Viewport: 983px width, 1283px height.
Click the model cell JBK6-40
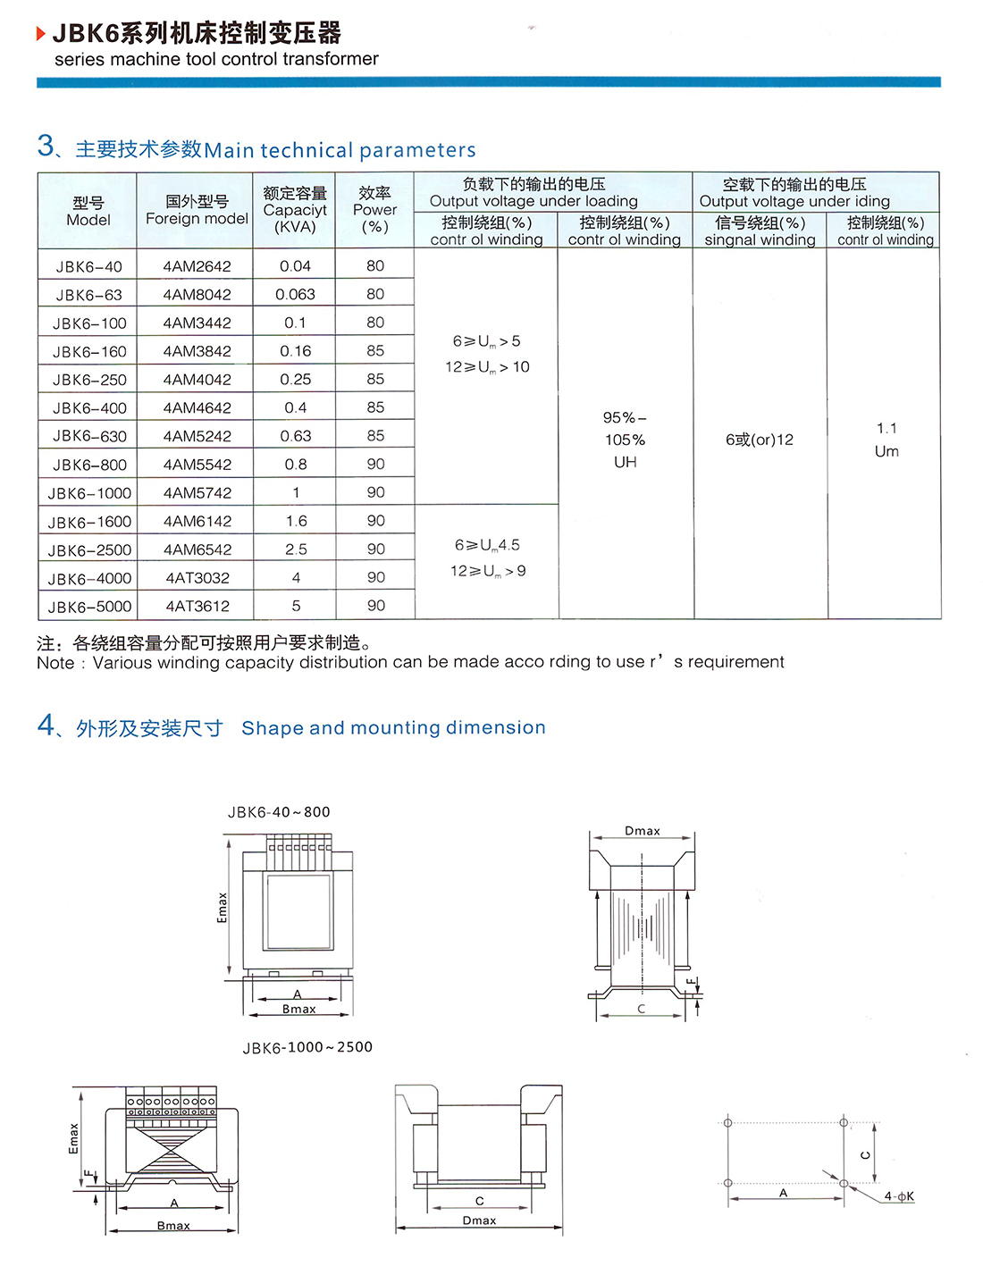(x=88, y=266)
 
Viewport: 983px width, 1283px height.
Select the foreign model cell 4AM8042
(x=197, y=295)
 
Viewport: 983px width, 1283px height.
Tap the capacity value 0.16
(x=295, y=351)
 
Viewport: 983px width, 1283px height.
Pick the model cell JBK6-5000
(x=89, y=607)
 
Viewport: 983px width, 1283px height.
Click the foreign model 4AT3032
(x=197, y=578)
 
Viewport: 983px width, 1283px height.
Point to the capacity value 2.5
(x=296, y=549)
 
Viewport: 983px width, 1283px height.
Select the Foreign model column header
(x=197, y=210)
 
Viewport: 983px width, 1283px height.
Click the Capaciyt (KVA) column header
(x=295, y=210)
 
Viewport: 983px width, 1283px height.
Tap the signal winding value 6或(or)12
(x=760, y=440)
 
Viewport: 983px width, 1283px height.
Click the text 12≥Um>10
(x=487, y=367)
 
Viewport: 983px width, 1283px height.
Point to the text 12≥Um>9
(x=488, y=571)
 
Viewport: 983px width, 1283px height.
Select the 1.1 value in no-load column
(x=886, y=429)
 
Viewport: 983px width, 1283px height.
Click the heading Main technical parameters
(x=340, y=150)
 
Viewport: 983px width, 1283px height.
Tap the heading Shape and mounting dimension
(x=393, y=728)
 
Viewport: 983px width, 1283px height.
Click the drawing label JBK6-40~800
(x=279, y=812)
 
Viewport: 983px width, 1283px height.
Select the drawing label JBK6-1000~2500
(x=307, y=1047)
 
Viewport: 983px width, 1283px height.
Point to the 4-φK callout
(x=899, y=1196)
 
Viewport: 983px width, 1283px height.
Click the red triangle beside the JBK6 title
(x=41, y=34)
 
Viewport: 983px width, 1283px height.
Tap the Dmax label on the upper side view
(x=642, y=831)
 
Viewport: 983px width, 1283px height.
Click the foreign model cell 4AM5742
(x=197, y=493)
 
